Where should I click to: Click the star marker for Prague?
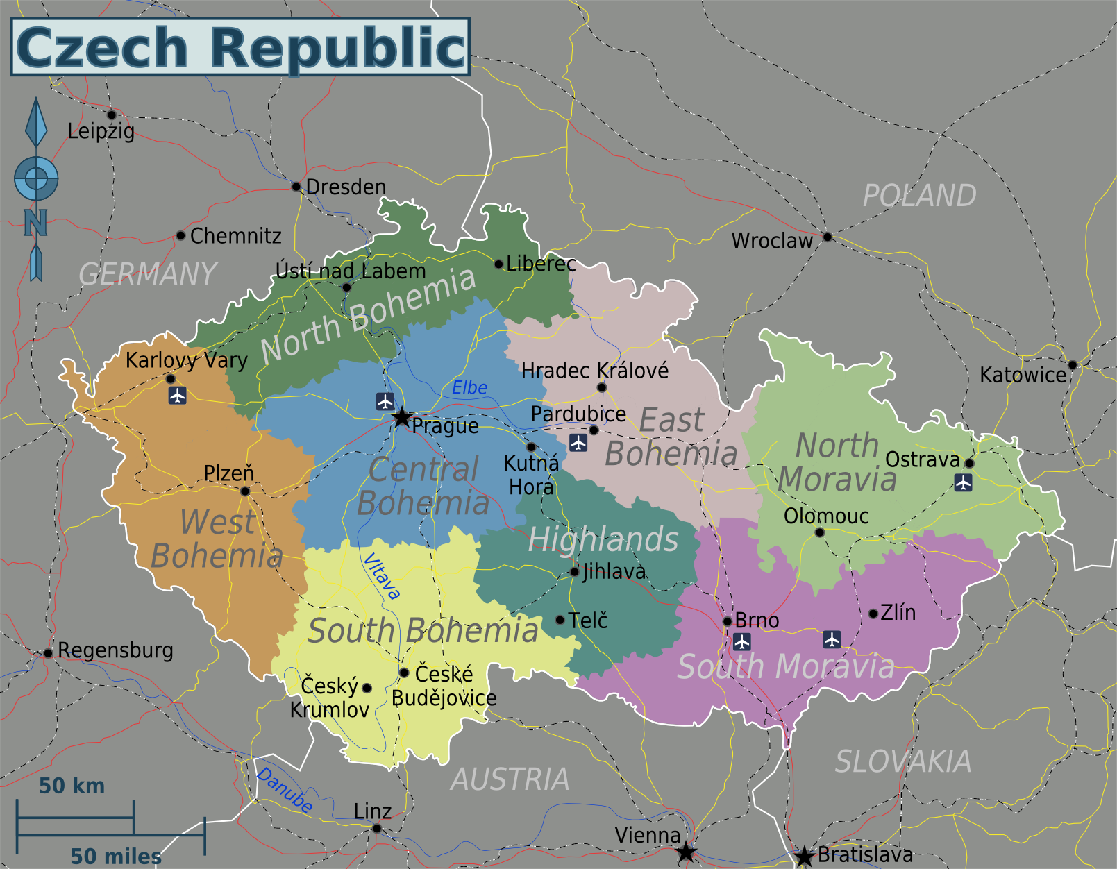coord(402,417)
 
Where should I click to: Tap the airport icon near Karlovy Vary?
coord(178,396)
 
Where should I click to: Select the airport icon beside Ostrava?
coord(963,482)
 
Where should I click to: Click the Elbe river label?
coord(469,388)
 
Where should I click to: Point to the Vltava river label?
coord(381,576)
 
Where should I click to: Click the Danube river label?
coord(285,790)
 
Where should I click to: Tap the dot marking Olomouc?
coord(819,532)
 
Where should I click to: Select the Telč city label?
coord(587,620)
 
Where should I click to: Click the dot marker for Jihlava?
coord(574,572)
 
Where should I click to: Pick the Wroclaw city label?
coord(771,241)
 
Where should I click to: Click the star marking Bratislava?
coord(804,857)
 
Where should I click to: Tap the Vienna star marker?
coord(686,852)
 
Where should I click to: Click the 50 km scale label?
coord(72,786)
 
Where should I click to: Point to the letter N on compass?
coord(35,223)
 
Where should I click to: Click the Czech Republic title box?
coord(240,47)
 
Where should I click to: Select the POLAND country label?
coord(919,196)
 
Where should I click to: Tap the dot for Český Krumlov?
coord(367,688)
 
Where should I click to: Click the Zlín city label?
coord(898,612)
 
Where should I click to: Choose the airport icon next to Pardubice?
coord(578,442)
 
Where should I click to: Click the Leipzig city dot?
coord(111,115)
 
